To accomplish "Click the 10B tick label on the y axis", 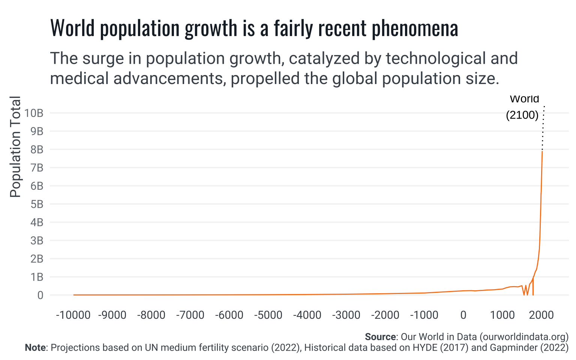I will click(34, 113).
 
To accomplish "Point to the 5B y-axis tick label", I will click(37, 204).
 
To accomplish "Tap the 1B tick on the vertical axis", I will click(37, 277).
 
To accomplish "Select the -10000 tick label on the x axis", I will click(73, 315).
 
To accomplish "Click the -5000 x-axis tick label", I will click(268, 315).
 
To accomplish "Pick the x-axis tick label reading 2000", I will click(541, 315).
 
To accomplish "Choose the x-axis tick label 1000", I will click(502, 315).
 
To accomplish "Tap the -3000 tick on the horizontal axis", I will click(346, 315).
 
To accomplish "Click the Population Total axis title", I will click(15, 147).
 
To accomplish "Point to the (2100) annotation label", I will click(522, 115).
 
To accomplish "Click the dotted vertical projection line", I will click(543, 127).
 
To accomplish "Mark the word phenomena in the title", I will click(415, 28).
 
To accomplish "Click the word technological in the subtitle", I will click(433, 58).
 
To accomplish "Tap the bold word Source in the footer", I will click(380, 337).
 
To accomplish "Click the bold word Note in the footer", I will click(35, 348).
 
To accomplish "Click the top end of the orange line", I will click(542, 151).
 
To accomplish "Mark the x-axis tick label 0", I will click(463, 315).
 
